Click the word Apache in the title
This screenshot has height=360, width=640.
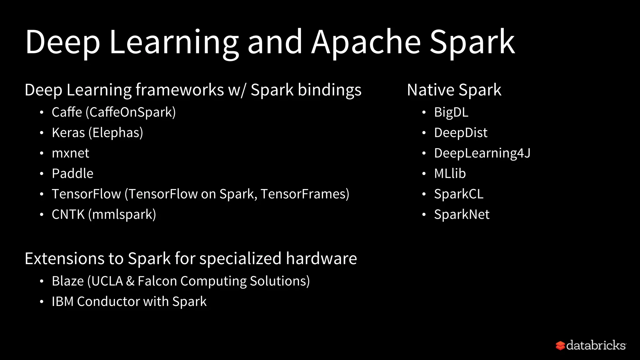(366, 42)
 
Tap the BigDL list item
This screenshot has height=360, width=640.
(451, 112)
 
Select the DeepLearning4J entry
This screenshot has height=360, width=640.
(482, 153)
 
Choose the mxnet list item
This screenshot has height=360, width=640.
(70, 153)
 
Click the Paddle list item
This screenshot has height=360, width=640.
(72, 173)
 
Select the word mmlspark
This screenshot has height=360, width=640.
(122, 215)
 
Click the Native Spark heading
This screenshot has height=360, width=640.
(454, 90)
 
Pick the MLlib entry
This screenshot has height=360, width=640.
(450, 173)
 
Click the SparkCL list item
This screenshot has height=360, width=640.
(458, 194)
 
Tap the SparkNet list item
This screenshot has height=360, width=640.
(462, 215)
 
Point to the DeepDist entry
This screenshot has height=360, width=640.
(460, 133)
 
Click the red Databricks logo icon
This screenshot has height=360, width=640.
(560, 346)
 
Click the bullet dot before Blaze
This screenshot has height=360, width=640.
(42, 281)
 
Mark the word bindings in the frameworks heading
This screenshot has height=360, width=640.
(329, 90)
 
